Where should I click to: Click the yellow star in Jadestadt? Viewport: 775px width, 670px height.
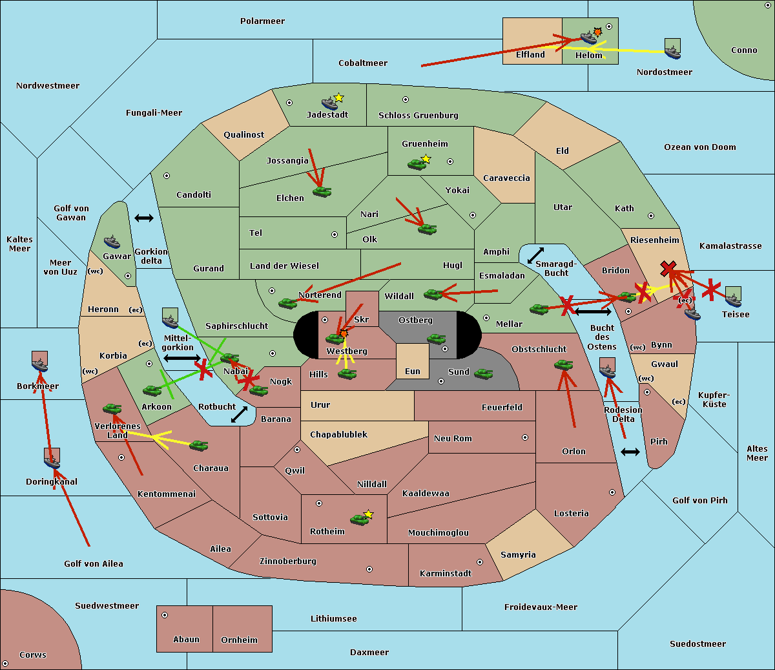(338, 98)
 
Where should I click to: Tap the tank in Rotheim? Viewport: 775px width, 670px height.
(360, 519)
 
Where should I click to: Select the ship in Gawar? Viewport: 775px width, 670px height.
(112, 242)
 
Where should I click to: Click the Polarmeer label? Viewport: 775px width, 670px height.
(262, 21)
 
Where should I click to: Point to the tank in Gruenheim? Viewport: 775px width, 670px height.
(417, 164)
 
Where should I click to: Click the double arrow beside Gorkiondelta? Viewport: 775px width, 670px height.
(144, 218)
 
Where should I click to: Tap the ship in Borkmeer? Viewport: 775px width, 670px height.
(39, 364)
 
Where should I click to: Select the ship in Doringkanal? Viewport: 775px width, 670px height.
(52, 461)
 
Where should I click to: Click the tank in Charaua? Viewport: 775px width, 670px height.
(199, 446)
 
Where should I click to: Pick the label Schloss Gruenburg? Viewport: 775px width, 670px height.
(418, 115)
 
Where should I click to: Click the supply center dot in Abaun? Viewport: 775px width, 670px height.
(165, 615)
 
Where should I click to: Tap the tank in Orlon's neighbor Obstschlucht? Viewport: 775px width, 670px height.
(564, 365)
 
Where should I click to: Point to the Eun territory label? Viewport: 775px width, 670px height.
(413, 371)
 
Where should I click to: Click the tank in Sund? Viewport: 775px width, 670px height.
(484, 374)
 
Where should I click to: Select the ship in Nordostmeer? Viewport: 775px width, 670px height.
(673, 52)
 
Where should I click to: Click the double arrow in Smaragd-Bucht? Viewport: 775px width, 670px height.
(535, 255)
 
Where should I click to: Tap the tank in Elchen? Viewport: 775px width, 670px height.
(322, 192)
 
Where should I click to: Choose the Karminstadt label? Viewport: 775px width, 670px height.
(446, 573)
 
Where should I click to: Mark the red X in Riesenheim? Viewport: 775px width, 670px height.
(668, 269)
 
